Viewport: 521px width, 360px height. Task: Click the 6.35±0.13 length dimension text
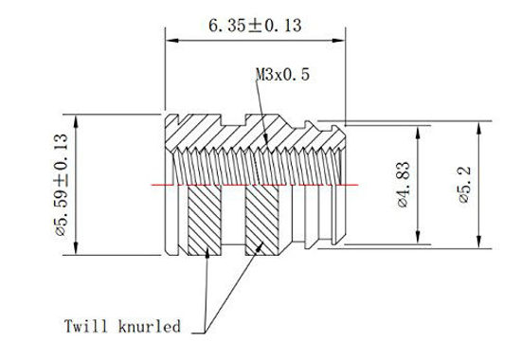click(254, 27)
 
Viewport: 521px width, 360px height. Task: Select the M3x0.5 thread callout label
click(282, 73)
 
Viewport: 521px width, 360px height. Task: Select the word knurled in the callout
click(149, 328)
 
